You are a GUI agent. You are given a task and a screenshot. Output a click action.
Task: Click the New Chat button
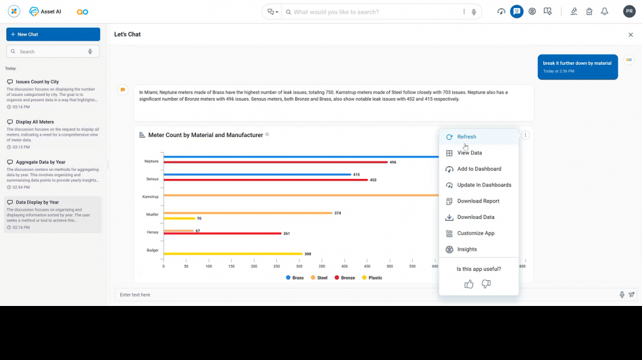pos(53,34)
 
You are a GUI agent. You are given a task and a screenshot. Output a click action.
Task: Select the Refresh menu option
pos(466,137)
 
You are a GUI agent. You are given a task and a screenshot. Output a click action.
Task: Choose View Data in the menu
pos(469,153)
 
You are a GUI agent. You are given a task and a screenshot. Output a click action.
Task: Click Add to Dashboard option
pos(478,169)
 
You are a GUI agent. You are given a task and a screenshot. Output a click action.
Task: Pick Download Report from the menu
pos(478,201)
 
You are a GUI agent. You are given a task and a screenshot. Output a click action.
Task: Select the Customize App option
pos(475,234)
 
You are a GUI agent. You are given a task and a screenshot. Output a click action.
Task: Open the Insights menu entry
pos(466,249)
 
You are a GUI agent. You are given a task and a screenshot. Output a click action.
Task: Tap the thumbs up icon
pos(469,284)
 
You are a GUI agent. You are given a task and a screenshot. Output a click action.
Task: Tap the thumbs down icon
pos(486,284)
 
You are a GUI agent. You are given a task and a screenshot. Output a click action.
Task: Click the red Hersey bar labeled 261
pos(223,234)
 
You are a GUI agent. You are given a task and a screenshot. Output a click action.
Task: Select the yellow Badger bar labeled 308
pos(232,254)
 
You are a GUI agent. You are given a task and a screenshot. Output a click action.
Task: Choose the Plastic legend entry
pos(372,278)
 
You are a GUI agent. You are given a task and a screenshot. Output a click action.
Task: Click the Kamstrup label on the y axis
pos(150,197)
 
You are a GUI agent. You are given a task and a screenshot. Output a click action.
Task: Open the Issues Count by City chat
pos(37,82)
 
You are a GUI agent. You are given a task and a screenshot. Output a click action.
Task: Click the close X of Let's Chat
pos(631,34)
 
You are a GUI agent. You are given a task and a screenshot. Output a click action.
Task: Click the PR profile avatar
pos(629,11)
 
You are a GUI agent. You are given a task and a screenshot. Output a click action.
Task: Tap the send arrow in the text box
pos(632,295)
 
